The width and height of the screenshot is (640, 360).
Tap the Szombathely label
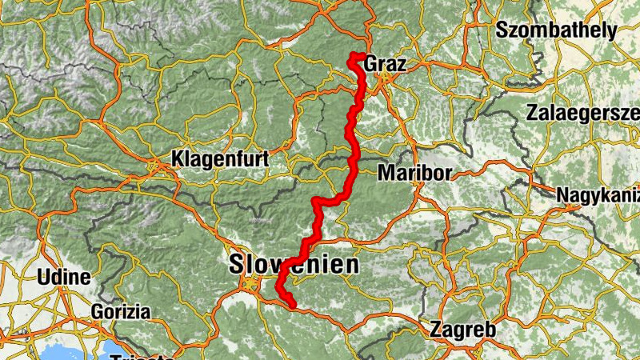[x=556, y=31]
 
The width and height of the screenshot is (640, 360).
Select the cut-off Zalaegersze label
[x=582, y=113]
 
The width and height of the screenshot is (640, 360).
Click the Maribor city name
[x=415, y=173]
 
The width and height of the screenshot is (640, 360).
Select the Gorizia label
[x=122, y=310]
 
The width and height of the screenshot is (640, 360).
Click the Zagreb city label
[x=464, y=329]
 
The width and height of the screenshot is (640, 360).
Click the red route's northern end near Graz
[x=352, y=55]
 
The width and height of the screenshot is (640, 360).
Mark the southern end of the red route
[x=293, y=304]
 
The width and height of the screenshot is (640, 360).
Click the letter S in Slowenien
[x=237, y=266]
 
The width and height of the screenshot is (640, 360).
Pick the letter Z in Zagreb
[x=437, y=329]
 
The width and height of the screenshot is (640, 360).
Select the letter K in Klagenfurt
[x=178, y=159]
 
